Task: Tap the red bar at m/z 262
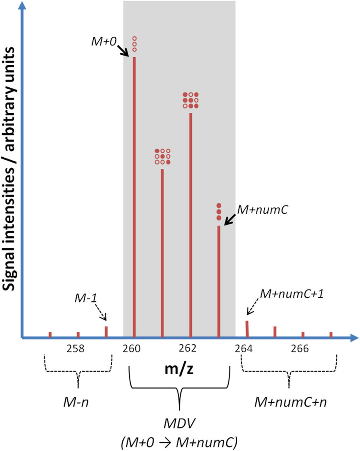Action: tap(191, 225)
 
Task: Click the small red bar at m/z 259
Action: tap(106, 332)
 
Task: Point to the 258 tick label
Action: tap(78, 349)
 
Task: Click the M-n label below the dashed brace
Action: tap(78, 402)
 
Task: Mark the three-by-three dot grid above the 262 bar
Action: tap(191, 100)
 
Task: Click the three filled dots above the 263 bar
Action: tap(219, 212)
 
